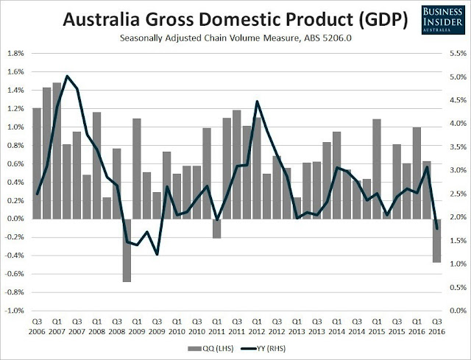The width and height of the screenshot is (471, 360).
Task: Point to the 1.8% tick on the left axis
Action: click(x=15, y=54)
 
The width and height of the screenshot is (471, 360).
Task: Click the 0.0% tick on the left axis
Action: click(x=15, y=219)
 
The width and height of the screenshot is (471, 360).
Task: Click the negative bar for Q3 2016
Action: click(x=436, y=241)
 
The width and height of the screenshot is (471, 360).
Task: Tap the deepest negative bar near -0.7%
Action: click(x=127, y=250)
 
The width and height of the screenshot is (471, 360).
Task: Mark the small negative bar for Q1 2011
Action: click(x=216, y=228)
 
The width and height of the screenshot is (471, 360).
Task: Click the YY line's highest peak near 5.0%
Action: click(x=67, y=76)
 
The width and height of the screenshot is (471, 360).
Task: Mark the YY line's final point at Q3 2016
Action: click(x=436, y=228)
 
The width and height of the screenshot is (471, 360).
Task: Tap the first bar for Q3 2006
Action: click(x=37, y=163)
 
